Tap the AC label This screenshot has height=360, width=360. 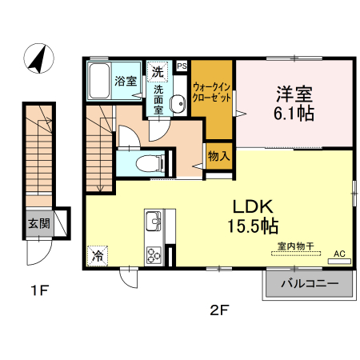coord(339,254)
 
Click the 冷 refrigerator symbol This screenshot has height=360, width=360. coord(97,256)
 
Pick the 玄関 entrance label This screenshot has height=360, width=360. coord(38,223)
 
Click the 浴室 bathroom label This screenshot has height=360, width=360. coord(126,81)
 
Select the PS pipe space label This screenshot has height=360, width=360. coord(182,66)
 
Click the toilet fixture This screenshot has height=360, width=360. coord(150,163)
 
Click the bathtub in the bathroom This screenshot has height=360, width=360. coord(99,81)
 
